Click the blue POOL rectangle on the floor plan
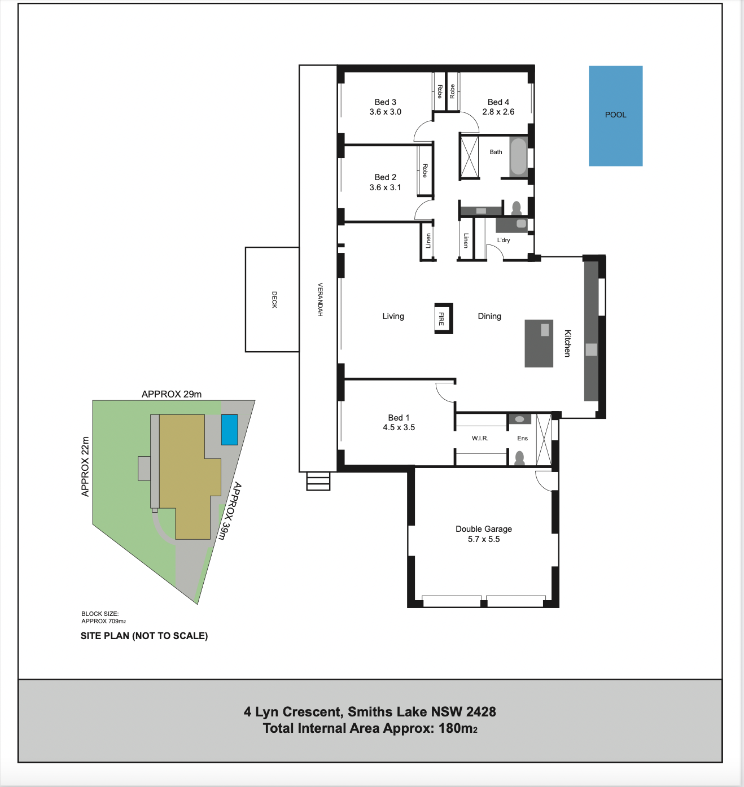[615, 116]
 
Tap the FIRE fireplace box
[444, 318]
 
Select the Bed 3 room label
[385, 102]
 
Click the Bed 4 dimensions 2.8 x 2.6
[498, 112]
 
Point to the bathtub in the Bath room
[518, 156]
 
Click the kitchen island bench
[539, 343]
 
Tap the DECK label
[274, 299]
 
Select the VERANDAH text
[320, 299]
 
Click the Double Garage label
[484, 529]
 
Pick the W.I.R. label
[480, 438]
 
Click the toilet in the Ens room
[519, 457]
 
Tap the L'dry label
[504, 240]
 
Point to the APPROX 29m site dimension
[172, 394]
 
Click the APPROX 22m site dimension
[85, 466]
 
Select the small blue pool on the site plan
[229, 430]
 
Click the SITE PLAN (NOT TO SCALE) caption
[144, 636]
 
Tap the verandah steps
[318, 481]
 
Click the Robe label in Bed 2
[425, 170]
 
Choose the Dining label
[489, 316]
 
